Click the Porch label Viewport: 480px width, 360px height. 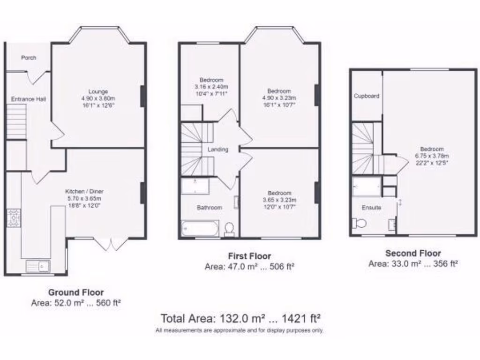point(29,58)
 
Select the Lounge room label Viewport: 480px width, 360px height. point(98,91)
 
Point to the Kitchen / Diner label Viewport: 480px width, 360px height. point(84,191)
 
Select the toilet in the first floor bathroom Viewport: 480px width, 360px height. point(229,229)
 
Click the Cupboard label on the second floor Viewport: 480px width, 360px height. point(367,96)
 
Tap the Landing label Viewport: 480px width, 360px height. point(218,150)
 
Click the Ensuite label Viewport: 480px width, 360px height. point(371,207)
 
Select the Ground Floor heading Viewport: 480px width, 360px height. point(76,292)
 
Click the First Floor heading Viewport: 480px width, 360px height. point(249,256)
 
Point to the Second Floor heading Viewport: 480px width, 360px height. point(413,253)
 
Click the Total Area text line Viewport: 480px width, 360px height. point(240,319)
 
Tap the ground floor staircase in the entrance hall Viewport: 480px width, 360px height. point(16,121)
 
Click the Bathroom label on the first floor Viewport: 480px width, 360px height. point(210,207)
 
